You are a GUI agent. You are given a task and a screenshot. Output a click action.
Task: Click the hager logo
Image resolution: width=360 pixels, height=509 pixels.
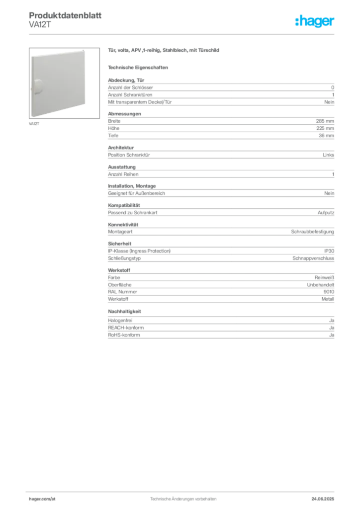click(315, 21)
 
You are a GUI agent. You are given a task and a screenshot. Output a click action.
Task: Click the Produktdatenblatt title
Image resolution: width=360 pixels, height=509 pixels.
click(65, 15)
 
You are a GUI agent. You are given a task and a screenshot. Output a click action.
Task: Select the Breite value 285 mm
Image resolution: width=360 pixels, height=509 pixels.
click(325, 121)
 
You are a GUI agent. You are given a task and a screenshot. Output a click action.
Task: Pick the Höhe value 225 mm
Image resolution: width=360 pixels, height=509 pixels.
click(325, 128)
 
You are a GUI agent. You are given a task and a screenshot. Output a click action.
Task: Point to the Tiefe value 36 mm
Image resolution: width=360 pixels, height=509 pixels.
click(326, 136)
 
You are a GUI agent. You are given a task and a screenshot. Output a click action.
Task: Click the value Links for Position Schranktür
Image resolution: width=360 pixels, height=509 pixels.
click(328, 155)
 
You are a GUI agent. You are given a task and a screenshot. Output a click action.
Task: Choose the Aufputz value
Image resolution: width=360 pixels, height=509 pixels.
click(326, 213)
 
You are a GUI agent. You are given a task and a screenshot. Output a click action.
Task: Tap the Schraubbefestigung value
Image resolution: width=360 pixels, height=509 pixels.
click(313, 232)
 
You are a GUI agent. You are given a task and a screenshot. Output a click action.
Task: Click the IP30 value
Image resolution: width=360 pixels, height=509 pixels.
click(329, 251)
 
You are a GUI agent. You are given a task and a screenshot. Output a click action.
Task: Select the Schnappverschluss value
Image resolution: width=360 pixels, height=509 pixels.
click(313, 258)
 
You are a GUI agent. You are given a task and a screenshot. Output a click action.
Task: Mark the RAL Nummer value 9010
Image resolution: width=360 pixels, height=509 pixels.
click(329, 292)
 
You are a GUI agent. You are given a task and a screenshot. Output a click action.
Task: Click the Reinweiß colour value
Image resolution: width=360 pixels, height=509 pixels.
click(324, 277)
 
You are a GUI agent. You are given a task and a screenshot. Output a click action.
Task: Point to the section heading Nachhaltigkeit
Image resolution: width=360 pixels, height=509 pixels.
click(125, 311)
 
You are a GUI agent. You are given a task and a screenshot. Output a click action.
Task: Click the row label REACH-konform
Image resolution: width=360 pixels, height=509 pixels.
click(126, 328)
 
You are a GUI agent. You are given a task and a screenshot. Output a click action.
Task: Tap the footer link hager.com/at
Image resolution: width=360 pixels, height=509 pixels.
click(42, 499)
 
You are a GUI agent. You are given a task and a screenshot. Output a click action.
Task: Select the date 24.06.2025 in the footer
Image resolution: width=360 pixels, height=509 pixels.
click(323, 499)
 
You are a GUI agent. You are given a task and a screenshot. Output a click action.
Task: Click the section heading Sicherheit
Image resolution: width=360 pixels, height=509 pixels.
click(120, 244)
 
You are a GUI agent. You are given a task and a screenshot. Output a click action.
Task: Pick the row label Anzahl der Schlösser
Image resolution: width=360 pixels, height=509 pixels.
click(130, 87)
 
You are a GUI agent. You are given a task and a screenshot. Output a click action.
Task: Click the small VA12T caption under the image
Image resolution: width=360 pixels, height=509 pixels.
click(34, 124)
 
